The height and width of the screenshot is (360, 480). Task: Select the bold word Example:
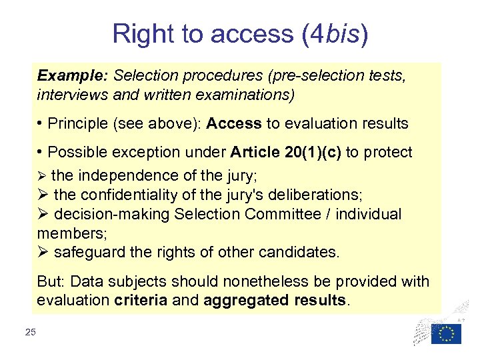pyautogui.click(x=65, y=77)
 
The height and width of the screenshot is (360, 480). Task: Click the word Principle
pyautogui.click(x=81, y=124)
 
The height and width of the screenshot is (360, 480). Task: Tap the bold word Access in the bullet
pyautogui.click(x=235, y=124)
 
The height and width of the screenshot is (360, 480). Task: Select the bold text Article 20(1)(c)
pyautogui.click(x=285, y=153)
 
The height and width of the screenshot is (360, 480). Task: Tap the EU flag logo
pyautogui.click(x=445, y=333)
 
